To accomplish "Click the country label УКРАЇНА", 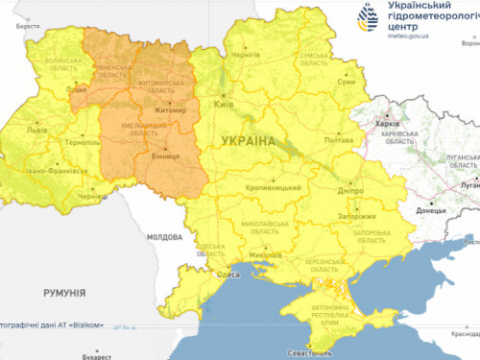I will tap(248, 141).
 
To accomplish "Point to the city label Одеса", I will tap(228, 275).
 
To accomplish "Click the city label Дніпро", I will tap(351, 191).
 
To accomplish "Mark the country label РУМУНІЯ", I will tap(65, 291).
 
